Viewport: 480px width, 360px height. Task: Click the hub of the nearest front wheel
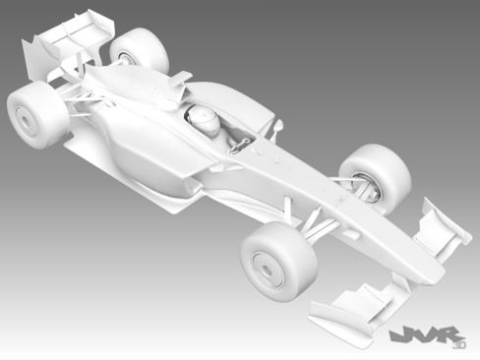pos(267,267)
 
